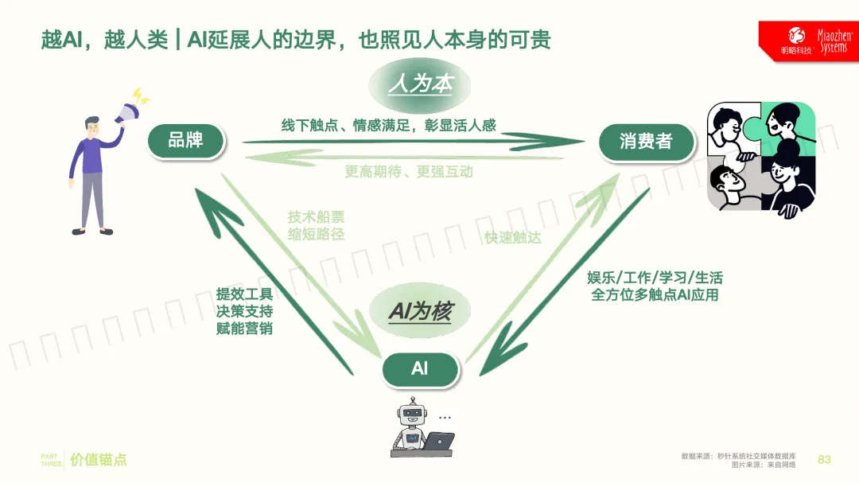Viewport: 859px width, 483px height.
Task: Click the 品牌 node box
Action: coord(186,141)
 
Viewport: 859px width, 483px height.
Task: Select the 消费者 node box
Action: coord(646,142)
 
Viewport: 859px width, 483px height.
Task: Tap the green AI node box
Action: coord(420,368)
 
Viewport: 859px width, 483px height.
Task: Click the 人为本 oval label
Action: coord(420,84)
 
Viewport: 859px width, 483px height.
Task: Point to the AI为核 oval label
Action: coord(420,311)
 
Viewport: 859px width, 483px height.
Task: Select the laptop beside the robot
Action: coord(437,441)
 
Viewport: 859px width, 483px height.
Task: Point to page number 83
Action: coord(824,459)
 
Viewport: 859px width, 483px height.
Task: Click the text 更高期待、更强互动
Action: coord(409,171)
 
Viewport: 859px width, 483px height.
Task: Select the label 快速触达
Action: coord(513,237)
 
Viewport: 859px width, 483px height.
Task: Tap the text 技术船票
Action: coord(317,217)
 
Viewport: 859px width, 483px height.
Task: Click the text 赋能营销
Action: coord(244,328)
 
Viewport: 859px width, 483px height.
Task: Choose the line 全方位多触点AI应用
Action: coord(655,295)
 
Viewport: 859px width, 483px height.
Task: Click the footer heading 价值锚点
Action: coord(99,459)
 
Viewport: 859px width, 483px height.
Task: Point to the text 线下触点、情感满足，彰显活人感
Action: coord(389,125)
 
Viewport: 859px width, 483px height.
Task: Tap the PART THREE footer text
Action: coord(52,459)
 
